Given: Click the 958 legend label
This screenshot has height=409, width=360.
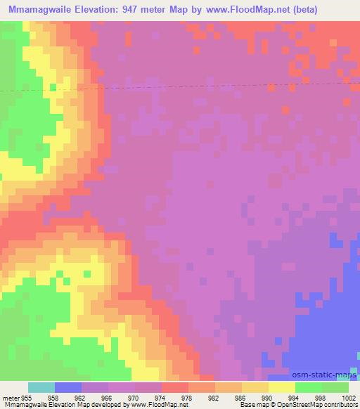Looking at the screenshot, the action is click(x=53, y=398).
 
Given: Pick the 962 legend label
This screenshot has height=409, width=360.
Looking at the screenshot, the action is click(x=80, y=398).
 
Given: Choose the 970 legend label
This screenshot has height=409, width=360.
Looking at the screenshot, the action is click(x=134, y=398).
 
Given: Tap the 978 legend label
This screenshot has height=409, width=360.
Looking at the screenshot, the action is click(x=187, y=398).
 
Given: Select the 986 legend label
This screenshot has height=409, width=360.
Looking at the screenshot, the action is click(x=240, y=398).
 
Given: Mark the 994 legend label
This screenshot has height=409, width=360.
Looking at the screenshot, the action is click(x=294, y=398).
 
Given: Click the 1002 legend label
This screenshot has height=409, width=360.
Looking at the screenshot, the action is click(x=346, y=398).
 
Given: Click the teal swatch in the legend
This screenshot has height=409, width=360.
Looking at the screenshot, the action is click(x=41, y=387).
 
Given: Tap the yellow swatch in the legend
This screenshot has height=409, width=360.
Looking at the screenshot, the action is click(x=281, y=387).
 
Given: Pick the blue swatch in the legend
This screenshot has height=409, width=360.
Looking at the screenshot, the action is click(x=67, y=387).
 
